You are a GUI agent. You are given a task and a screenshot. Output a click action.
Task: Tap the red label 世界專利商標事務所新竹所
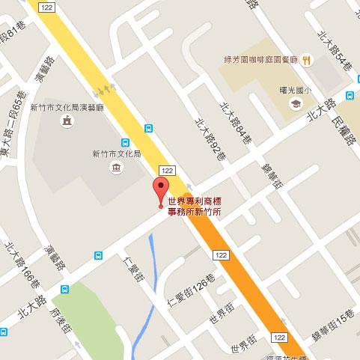194,206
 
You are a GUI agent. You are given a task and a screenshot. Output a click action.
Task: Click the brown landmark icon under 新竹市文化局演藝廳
68,120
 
